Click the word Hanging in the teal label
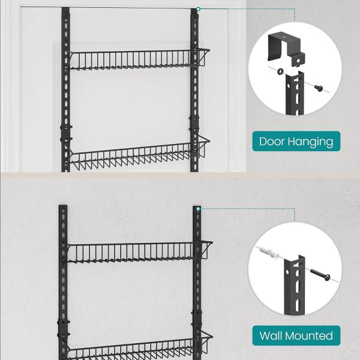310,142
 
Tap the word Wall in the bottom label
271,335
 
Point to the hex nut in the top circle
280,71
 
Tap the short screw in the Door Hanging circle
319,88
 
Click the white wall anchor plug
269,253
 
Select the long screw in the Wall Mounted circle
320,275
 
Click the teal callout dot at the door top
199,9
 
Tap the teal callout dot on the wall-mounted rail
199,209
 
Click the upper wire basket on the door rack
138,59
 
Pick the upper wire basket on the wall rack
140,252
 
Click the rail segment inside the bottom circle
295,284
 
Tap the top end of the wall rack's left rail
63,205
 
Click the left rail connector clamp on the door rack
66,133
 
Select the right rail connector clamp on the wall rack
196,318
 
